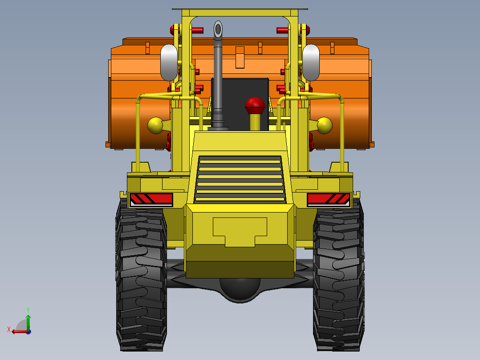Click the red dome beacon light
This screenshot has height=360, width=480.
[x=255, y=105]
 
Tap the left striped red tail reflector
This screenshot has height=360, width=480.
[x=151, y=200]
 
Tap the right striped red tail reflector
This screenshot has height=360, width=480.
[x=329, y=200]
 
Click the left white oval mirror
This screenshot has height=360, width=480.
[x=169, y=63]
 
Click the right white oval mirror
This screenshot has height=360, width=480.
[x=311, y=63]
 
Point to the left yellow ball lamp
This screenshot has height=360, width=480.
[x=155, y=125]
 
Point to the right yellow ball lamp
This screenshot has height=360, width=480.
[x=325, y=125]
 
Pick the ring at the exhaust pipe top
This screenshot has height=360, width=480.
[x=218, y=29]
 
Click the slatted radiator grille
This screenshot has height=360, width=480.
[x=240, y=179]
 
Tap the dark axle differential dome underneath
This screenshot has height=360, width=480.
[x=240, y=290]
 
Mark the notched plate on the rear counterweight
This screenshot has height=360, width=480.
[x=240, y=231]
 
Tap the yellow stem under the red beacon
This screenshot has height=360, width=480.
[x=255, y=122]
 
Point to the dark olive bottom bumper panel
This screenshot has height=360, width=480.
[x=240, y=269]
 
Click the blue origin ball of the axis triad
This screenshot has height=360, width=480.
[x=28, y=331]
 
